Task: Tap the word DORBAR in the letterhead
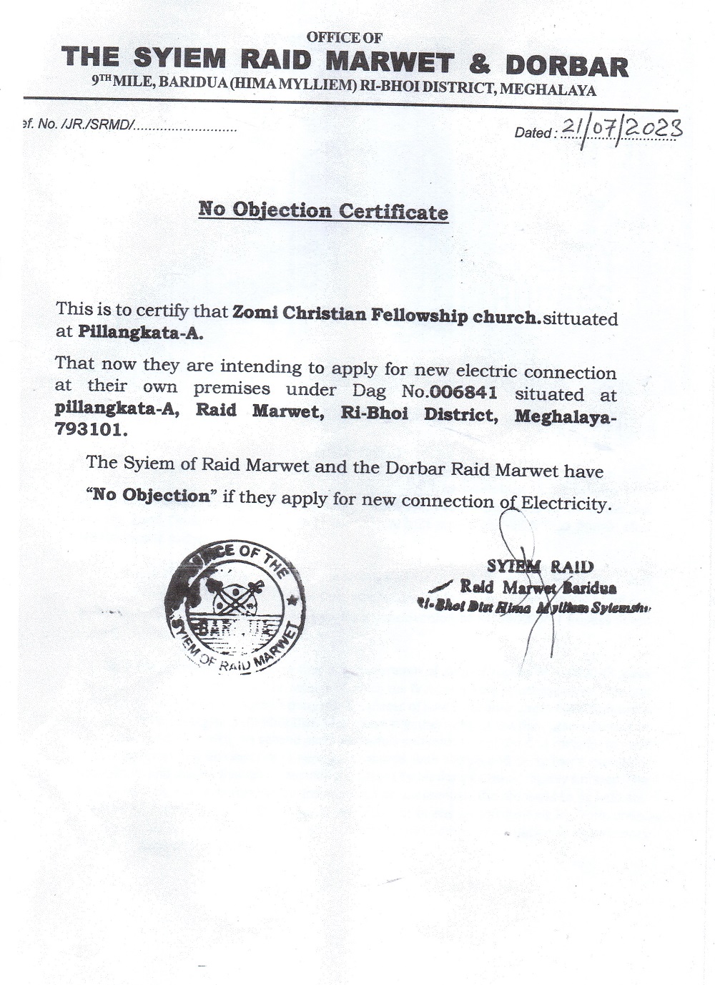pyautogui.click(x=567, y=65)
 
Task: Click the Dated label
pyautogui.click(x=533, y=132)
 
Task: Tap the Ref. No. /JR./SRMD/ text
pyautogui.click(x=79, y=124)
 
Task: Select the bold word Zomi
pyautogui.click(x=255, y=313)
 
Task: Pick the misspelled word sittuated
pyautogui.click(x=580, y=318)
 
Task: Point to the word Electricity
pyautogui.click(x=566, y=503)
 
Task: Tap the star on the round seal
pyautogui.click(x=292, y=599)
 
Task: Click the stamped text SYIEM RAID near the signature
pyautogui.click(x=540, y=567)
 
